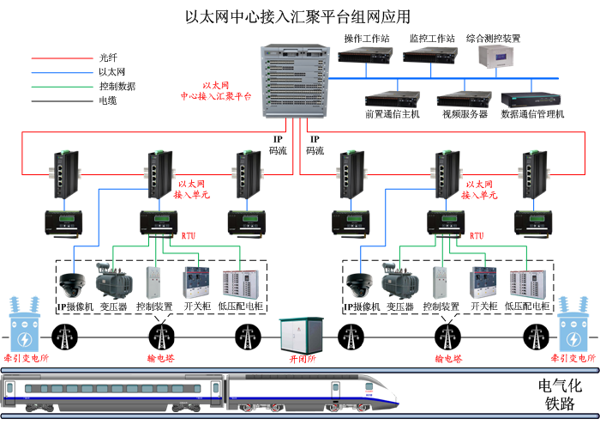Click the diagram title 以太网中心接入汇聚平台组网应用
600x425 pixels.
coord(298,16)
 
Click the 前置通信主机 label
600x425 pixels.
coord(393,114)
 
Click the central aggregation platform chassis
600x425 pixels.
coord(292,82)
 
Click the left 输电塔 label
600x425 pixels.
coord(160,359)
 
